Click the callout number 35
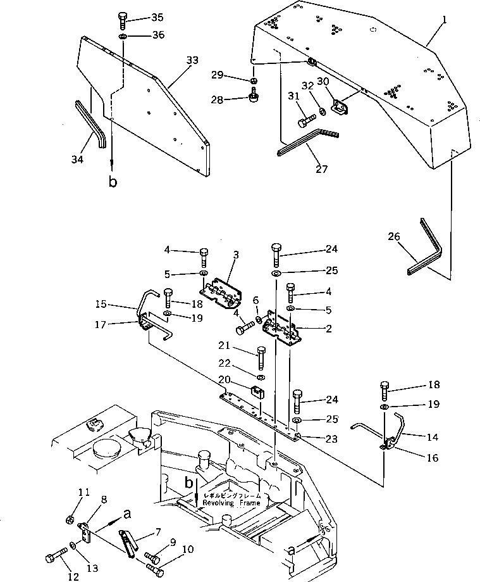156,17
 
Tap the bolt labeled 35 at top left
122,20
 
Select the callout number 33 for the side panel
192,60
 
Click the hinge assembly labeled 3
223,288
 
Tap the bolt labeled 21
261,358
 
